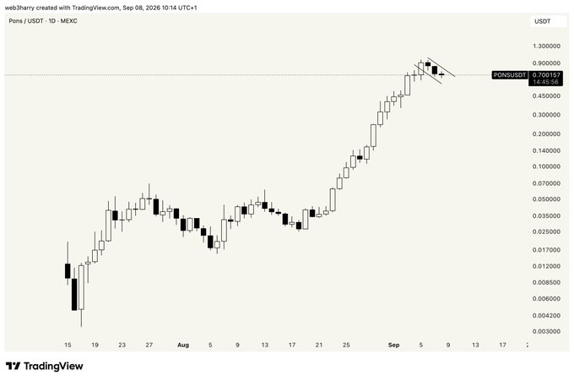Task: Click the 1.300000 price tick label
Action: pos(546,46)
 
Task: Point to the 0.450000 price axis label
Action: pos(546,96)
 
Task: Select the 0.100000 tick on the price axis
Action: pos(546,166)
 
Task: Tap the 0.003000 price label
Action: pos(546,331)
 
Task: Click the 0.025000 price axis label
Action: pos(546,232)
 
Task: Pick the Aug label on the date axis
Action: pos(183,346)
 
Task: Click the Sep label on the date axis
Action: pos(394,346)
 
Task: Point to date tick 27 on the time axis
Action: pos(149,346)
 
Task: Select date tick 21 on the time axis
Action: pos(319,346)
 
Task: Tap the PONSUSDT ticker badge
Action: pos(510,75)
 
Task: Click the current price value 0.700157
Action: pos(546,75)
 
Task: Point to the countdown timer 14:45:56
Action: pos(545,82)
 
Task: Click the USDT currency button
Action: pos(543,21)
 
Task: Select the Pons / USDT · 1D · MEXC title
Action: pos(43,21)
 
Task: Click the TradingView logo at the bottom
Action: pos(44,366)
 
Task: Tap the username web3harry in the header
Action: pos(19,8)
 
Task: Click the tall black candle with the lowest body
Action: pos(74,294)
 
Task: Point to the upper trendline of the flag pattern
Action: pos(441,68)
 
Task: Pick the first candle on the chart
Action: pos(68,270)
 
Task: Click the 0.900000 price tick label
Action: pos(546,63)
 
